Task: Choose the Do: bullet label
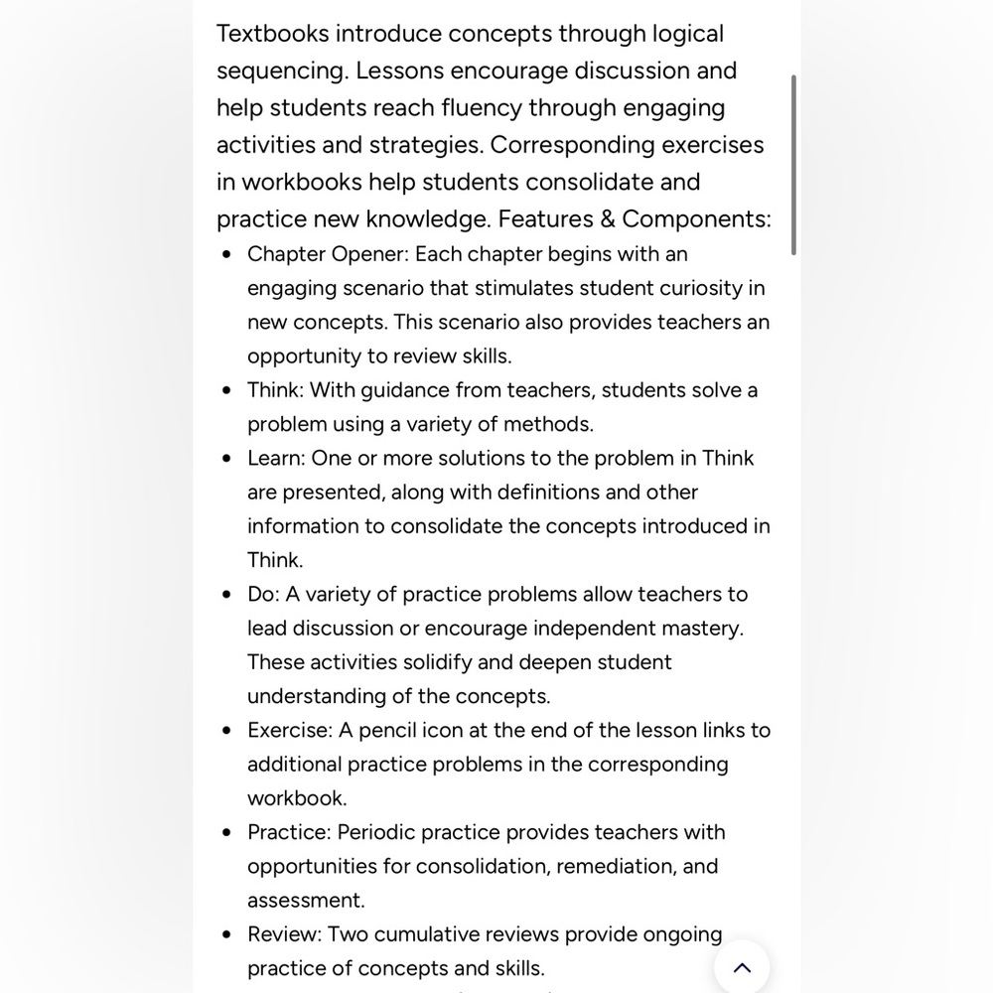click(263, 594)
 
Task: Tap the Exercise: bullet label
click(290, 730)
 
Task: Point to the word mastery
click(704, 628)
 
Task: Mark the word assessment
click(306, 901)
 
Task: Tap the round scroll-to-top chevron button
click(742, 967)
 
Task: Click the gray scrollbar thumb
click(793, 164)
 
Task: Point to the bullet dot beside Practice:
click(228, 833)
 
